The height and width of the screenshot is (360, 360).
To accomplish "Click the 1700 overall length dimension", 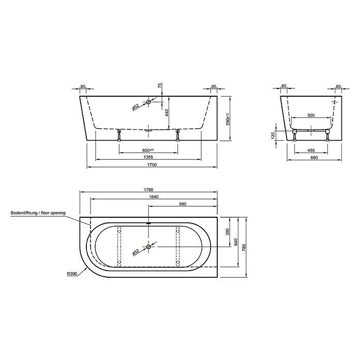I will point(151,165).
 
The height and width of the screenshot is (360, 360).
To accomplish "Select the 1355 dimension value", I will point(148,157).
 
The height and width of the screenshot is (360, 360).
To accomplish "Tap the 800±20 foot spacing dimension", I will point(149,149).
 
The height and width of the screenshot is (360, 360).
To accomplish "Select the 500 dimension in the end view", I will point(310,115).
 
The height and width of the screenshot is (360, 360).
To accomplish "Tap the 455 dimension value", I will point(310,151).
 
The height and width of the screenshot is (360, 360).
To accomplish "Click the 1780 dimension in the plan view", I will point(149,190).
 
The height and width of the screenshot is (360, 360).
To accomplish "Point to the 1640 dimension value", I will point(153,197).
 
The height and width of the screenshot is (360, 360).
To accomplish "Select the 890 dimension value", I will point(182,204).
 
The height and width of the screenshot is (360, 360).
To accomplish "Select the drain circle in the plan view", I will point(149,247).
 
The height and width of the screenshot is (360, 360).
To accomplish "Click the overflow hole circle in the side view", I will point(149,102).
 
